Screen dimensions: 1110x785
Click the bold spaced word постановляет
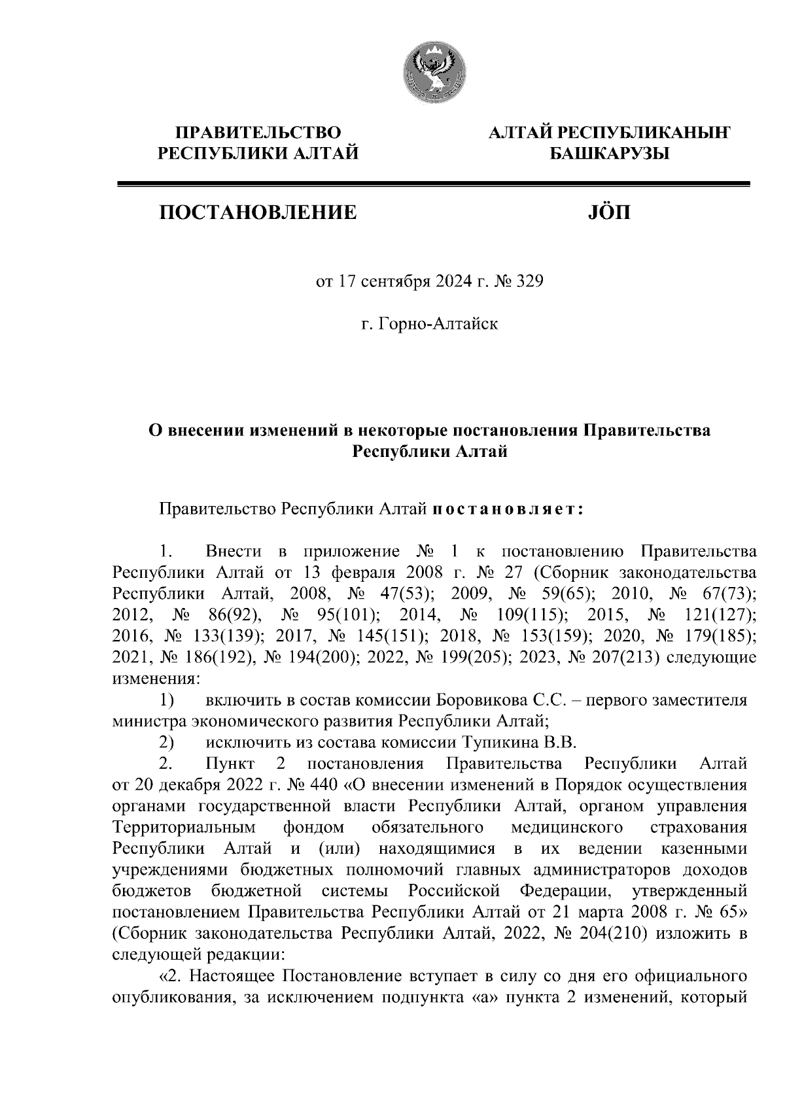(x=508, y=508)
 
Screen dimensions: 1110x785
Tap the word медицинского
(x=566, y=827)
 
